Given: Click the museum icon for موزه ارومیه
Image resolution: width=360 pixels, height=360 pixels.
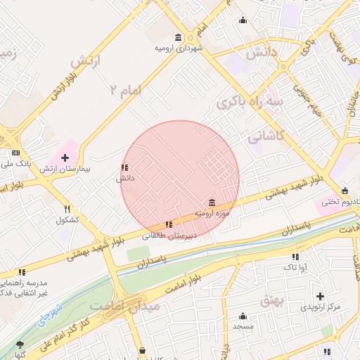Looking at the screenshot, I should pos(212,202).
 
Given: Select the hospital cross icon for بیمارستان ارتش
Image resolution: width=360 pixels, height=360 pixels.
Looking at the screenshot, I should pos(65,157).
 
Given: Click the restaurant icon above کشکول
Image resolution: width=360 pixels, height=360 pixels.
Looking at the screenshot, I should pos(67,209).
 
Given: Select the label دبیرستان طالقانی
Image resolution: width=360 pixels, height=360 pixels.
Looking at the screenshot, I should pos(169,236).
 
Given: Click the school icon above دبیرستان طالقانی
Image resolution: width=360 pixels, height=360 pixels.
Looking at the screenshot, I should pos(167,224).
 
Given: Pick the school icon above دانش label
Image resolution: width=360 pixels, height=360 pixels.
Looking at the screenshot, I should pos(124,168).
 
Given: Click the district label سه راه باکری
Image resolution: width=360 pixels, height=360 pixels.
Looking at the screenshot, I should pos(252,103).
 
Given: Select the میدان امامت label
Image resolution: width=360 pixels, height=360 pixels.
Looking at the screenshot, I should pos(124,307).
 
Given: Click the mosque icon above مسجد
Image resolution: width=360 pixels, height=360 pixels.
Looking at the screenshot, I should pos(243,316).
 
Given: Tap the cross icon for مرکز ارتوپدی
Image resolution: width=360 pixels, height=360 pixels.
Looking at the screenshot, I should pos(321,297).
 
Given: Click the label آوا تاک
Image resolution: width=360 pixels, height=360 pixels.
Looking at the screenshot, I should pos(295,267).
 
